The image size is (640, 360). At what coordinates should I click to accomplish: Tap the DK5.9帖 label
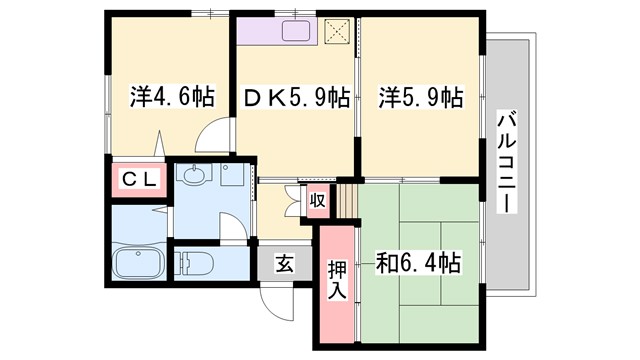tap(297, 97)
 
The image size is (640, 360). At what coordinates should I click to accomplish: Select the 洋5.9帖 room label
tap(420, 97)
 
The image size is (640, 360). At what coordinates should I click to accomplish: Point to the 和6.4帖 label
tap(418, 263)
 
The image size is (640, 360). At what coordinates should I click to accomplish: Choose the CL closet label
tap(138, 180)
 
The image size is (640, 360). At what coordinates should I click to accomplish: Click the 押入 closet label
tap(337, 279)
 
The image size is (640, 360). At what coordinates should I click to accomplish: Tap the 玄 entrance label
tap(284, 265)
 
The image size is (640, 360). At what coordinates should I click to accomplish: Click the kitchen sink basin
tap(299, 31)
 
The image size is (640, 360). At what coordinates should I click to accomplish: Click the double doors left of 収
tap(293, 198)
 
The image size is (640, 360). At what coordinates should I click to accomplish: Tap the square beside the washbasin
tap(232, 178)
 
